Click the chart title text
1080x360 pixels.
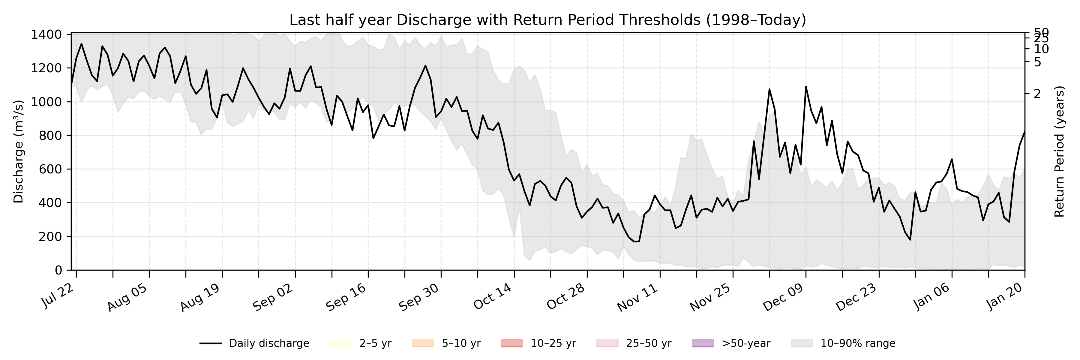pos(547,20)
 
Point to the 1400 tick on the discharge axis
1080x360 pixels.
pos(46,34)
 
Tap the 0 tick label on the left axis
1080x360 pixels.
pos(58,270)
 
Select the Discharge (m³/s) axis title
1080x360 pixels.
pos(18,152)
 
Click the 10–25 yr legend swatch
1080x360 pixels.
pos(511,344)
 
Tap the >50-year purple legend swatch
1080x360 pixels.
pos(703,344)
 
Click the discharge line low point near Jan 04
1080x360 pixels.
pos(910,240)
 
